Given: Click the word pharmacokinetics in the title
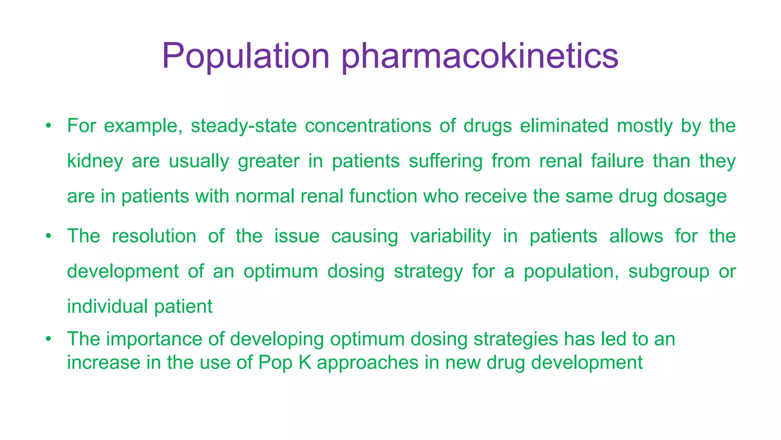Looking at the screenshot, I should pos(479,57).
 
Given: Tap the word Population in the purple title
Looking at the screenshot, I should pos(246,57).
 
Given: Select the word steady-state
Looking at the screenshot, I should pos(244,126).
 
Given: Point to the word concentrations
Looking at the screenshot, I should pos(368,126).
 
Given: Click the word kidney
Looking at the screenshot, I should pos(95,161).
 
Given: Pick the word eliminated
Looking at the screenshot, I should pos(564,126).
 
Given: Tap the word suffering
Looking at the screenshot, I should pos(446,161).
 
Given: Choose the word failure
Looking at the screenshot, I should pos(617,161).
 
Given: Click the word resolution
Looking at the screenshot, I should pos(154,236).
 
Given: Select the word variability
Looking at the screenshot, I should pos(451,236).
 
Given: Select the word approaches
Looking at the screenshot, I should pos(368,362).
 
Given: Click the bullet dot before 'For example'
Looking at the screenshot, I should pos(48,126).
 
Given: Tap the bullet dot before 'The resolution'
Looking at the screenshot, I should pos(48,236).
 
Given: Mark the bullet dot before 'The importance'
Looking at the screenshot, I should pos(48,339).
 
